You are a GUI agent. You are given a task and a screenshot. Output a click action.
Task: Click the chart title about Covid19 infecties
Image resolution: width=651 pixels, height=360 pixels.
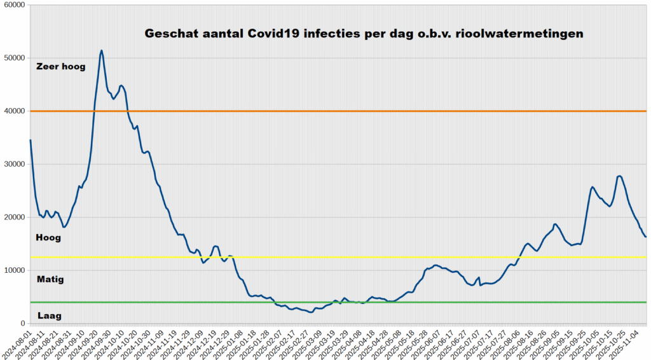point(364,33)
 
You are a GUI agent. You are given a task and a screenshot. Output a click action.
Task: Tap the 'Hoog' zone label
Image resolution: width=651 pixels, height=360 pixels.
point(49,238)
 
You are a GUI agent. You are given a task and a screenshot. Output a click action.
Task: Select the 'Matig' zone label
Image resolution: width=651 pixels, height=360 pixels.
point(50,279)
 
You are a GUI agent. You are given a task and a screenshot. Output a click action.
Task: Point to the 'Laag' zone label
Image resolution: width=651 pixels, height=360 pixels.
point(50,315)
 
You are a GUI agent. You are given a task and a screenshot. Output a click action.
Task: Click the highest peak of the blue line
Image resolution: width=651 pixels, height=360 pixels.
point(102,51)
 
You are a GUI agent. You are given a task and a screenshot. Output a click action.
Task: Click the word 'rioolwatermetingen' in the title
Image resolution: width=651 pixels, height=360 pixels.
point(520,33)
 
